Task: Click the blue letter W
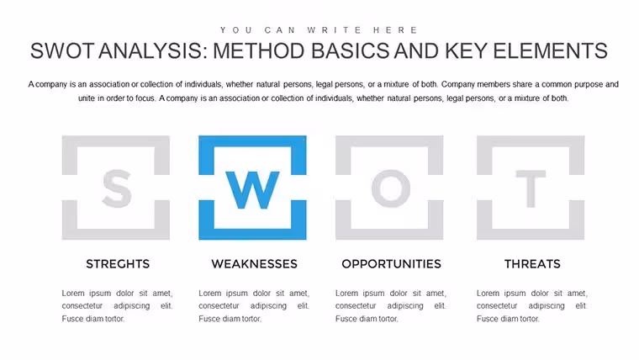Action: (x=253, y=190)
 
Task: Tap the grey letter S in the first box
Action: (x=117, y=188)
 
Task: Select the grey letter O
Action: (x=391, y=188)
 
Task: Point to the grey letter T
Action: (x=531, y=188)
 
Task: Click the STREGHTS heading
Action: (x=118, y=264)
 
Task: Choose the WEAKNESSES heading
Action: (x=254, y=264)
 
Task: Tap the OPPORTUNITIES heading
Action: (x=391, y=264)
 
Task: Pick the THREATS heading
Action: (x=532, y=264)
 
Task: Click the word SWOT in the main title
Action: (x=62, y=51)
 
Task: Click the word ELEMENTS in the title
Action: (x=550, y=51)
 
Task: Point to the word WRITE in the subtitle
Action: (x=335, y=30)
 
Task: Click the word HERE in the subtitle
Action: (x=396, y=30)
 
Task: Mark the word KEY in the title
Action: (x=466, y=51)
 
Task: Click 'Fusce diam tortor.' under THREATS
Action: (x=508, y=319)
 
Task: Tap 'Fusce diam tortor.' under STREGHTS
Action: (x=93, y=319)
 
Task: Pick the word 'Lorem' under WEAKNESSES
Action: (x=210, y=294)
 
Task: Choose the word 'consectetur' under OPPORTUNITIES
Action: (x=356, y=306)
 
